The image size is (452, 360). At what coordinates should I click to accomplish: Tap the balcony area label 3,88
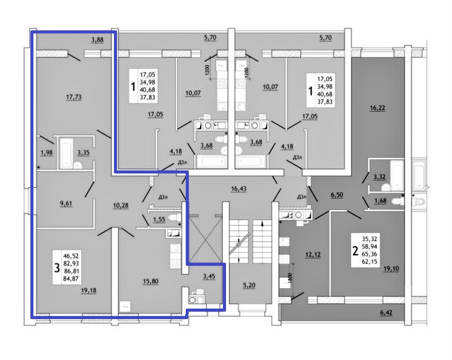point(97,40)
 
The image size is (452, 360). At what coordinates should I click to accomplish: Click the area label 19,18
point(89,290)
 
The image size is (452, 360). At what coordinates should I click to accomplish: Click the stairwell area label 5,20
point(250,285)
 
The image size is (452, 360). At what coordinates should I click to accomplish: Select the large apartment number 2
point(355,251)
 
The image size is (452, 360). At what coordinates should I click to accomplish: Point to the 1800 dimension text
point(287,279)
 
